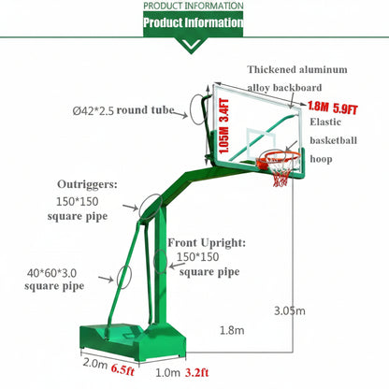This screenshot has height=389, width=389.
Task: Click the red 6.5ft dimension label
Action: pos(122,369)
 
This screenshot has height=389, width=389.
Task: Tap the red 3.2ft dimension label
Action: pos(197,372)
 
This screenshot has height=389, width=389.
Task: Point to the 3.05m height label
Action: pos(290,310)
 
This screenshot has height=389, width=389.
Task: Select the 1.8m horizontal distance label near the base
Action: pos(232,330)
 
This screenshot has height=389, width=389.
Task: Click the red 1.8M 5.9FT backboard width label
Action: pos(333,108)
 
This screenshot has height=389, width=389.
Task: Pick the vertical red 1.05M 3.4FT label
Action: pos(224,126)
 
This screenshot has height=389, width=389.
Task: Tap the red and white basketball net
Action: pos(281,174)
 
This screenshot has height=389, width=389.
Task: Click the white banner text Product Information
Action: pos(194,22)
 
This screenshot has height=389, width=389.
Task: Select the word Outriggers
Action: pos(87,184)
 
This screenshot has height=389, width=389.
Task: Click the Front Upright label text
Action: pos(207,243)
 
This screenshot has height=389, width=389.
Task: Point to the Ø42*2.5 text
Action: pos(94,110)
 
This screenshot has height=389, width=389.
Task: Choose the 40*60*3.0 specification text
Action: pos(51,273)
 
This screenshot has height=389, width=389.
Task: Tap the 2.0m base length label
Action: pos(95,364)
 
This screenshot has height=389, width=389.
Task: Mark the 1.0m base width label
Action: pos(167,372)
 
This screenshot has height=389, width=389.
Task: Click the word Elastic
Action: pos(325,122)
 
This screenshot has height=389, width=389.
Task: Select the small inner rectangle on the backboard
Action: pos(261,143)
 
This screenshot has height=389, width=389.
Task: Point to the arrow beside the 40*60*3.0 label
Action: pos(106,279)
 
